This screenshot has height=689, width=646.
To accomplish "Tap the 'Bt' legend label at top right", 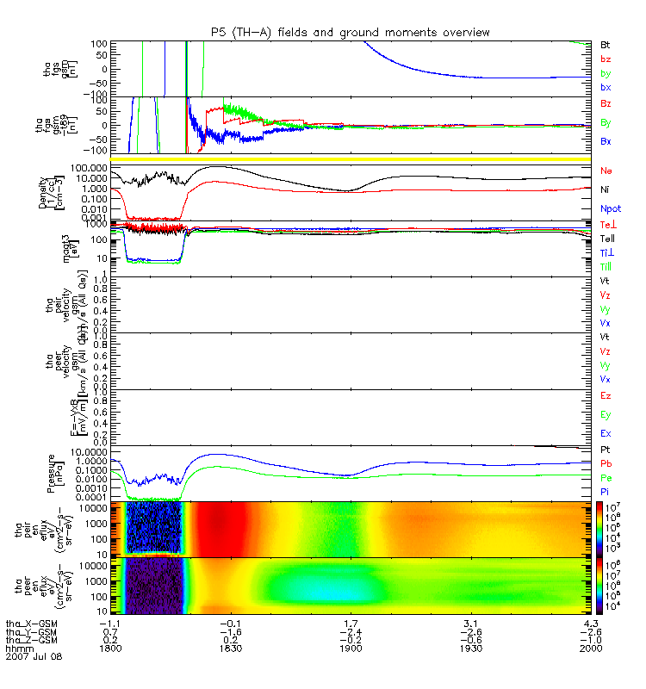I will coord(606,44).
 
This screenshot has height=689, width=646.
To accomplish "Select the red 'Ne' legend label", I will coord(606,171).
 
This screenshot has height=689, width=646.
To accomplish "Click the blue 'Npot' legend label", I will coord(609,208).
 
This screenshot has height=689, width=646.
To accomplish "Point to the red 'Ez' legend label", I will coord(606,396).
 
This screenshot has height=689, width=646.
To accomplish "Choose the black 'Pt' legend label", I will coord(606,450).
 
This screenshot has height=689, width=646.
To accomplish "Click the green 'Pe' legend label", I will coord(606,476).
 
